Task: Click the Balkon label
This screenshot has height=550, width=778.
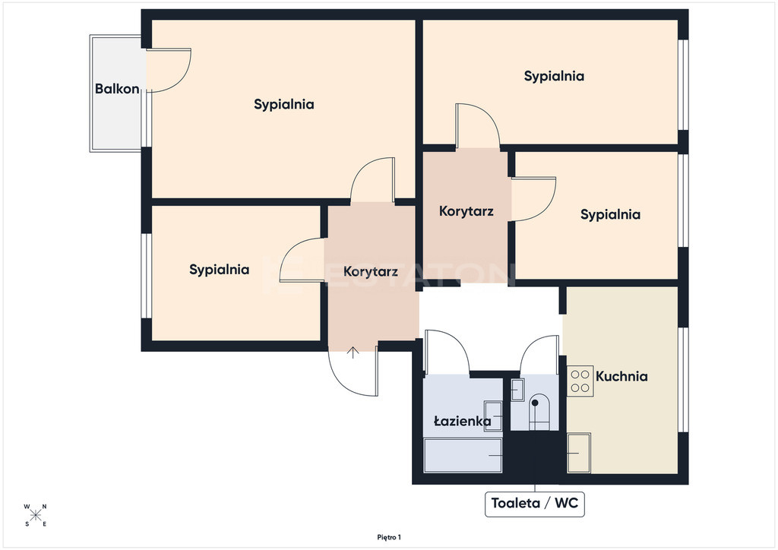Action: [x=117, y=89]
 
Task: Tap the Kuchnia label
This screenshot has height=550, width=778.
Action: [x=621, y=377]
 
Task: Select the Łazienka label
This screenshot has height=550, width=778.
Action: [x=463, y=421]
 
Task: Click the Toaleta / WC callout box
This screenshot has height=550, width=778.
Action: [x=534, y=504]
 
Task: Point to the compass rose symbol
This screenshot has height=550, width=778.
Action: [x=35, y=515]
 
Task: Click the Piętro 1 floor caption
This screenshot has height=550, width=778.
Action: [x=389, y=537]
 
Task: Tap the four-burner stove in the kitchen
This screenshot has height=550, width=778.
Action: [x=580, y=381]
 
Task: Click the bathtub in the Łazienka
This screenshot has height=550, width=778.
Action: [x=463, y=455]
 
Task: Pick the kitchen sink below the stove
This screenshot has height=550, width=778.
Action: [x=578, y=453]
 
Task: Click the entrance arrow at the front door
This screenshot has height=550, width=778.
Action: [x=353, y=352]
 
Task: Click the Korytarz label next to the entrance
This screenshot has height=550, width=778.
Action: [x=371, y=272]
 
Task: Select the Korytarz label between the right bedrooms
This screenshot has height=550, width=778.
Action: [x=466, y=211]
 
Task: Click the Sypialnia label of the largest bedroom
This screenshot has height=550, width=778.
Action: [x=284, y=104]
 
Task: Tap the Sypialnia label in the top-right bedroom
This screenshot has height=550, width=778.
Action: [x=554, y=77]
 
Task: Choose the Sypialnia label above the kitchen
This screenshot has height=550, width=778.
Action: [x=610, y=215]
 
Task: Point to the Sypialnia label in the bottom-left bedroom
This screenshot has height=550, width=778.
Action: [x=219, y=270]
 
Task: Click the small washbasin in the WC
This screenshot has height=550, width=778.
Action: [x=517, y=390]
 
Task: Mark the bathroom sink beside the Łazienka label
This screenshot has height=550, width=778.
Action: [x=493, y=416]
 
